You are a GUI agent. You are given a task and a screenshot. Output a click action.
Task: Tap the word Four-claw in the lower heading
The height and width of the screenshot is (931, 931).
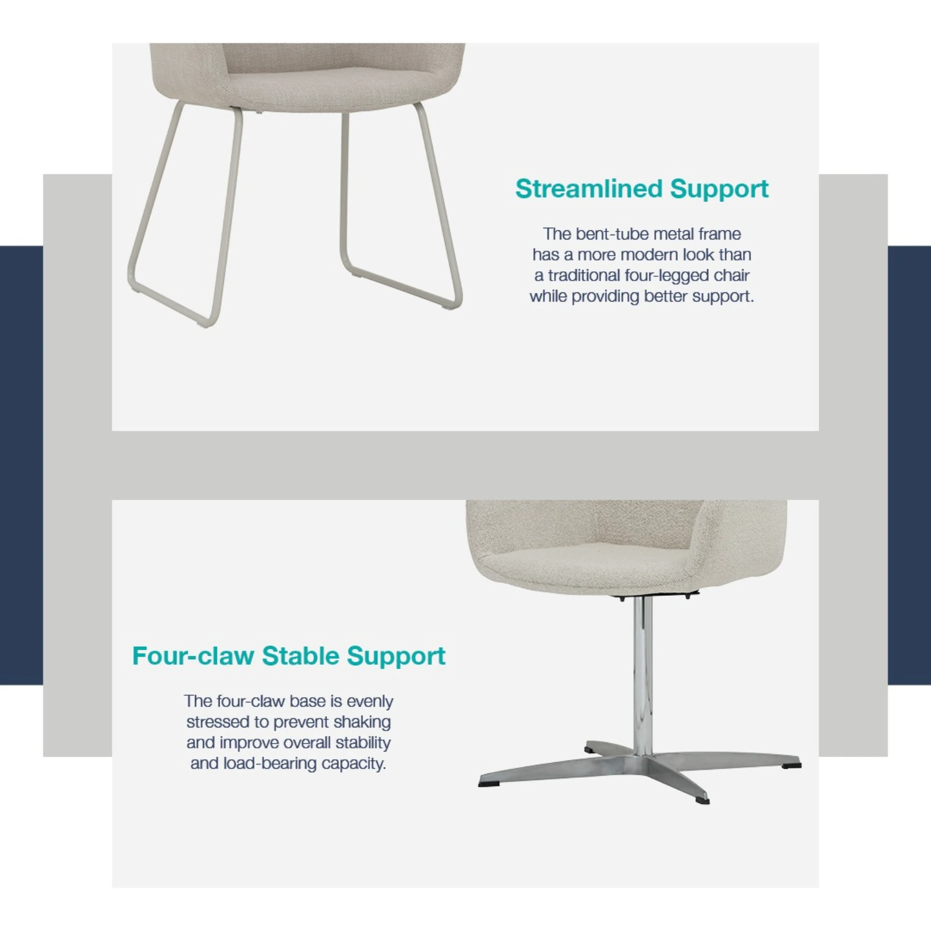[x=193, y=655]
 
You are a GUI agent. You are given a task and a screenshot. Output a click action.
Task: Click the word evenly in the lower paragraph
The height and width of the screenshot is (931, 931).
[x=370, y=702]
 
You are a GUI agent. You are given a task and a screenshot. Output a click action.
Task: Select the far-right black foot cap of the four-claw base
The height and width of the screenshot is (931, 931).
[x=791, y=765]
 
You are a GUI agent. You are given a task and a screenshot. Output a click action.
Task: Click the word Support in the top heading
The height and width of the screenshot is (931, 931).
[x=719, y=189]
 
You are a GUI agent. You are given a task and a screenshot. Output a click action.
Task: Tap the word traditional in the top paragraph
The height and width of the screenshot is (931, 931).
[x=583, y=276]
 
